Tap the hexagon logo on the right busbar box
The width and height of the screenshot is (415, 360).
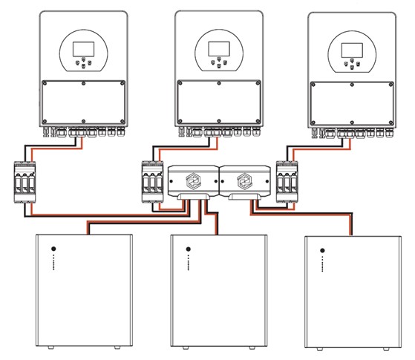[244, 181]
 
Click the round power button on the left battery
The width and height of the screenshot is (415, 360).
[53, 249]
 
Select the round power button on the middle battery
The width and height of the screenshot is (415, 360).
[189, 249]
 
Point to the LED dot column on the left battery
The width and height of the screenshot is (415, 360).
[53, 264]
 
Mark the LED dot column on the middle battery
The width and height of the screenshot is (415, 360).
[189, 264]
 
